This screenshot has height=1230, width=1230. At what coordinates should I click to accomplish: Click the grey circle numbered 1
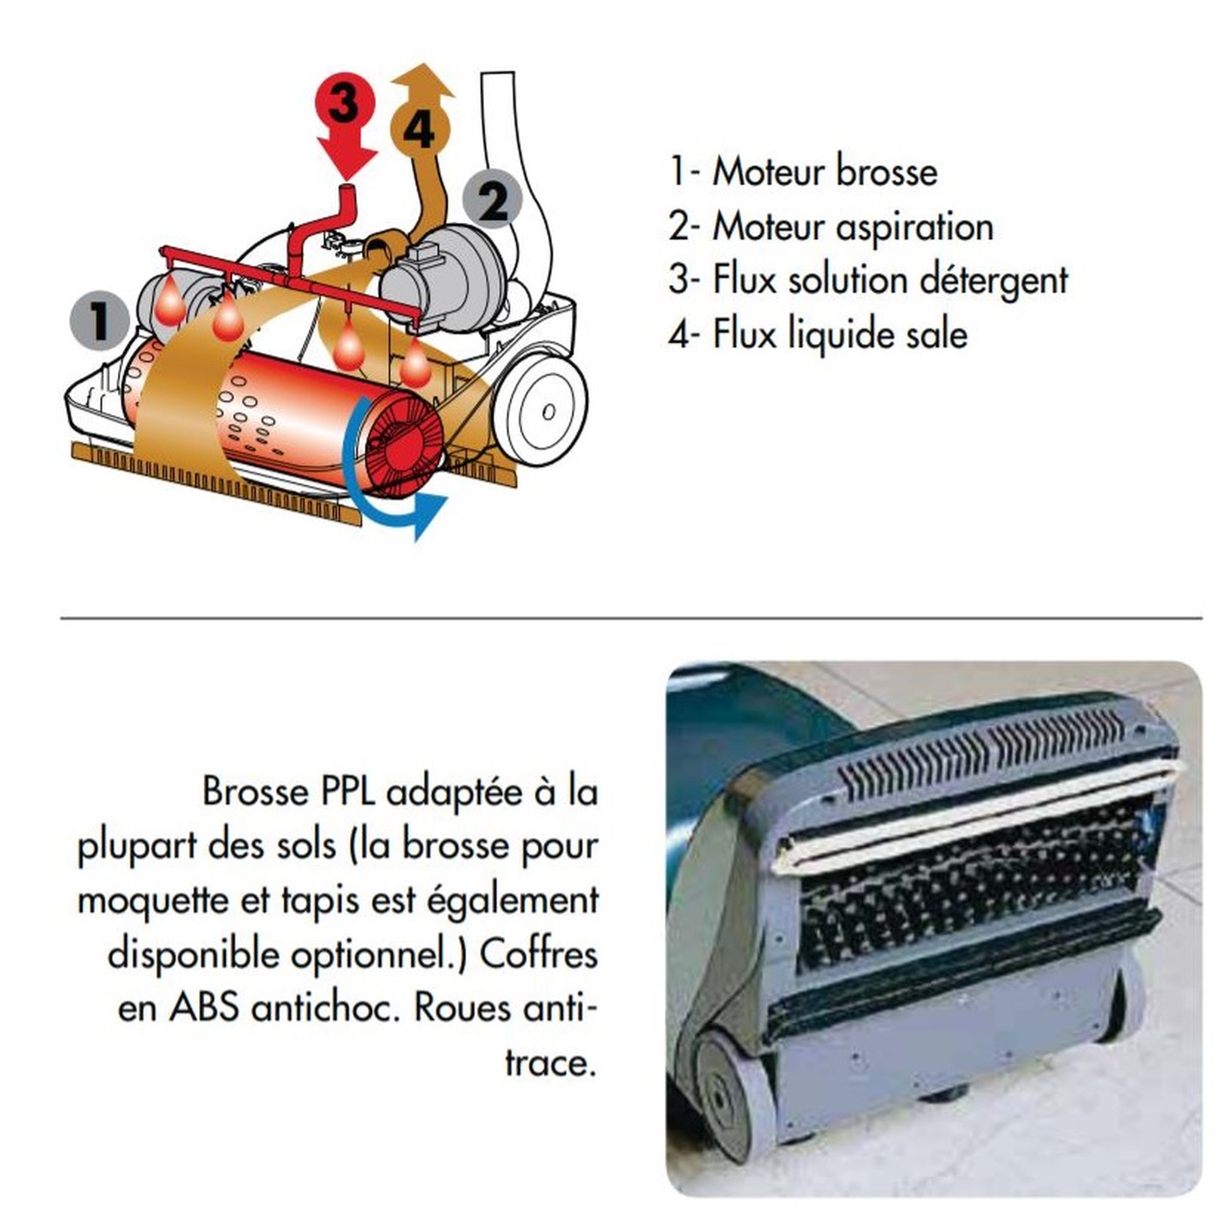click(99, 320)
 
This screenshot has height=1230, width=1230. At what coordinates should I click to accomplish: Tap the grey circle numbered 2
click(492, 200)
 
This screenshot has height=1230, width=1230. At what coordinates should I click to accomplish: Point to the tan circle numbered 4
click(420, 129)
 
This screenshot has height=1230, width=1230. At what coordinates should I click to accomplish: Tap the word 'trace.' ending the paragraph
click(551, 1064)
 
